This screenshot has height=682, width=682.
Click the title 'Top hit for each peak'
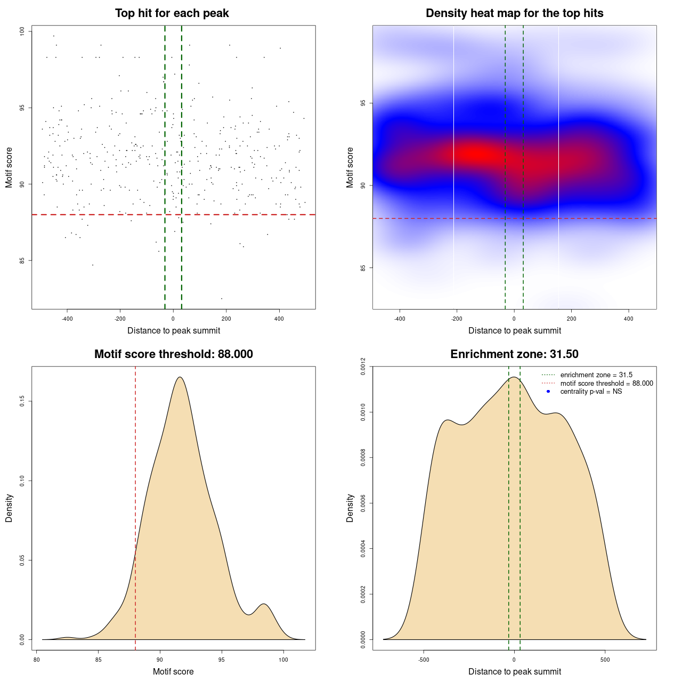[172, 13]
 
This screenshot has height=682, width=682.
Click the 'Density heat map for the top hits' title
[514, 13]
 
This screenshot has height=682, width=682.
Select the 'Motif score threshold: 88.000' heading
[173, 354]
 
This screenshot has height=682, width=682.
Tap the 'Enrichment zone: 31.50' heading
[514, 354]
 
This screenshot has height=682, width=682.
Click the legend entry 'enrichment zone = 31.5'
[596, 375]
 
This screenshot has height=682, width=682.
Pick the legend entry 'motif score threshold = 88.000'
[606, 383]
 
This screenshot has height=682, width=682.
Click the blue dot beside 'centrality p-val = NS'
[548, 392]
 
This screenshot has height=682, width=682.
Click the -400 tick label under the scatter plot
[67, 319]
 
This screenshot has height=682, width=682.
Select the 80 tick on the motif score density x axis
[36, 660]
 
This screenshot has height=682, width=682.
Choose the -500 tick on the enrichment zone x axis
[424, 660]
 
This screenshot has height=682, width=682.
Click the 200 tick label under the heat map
[571, 319]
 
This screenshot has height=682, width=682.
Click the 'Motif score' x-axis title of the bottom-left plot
[173, 671]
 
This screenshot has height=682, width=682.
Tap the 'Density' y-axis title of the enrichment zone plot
[350, 508]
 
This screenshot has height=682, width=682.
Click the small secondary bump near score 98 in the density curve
[264, 605]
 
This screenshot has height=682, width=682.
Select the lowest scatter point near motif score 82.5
[222, 298]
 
